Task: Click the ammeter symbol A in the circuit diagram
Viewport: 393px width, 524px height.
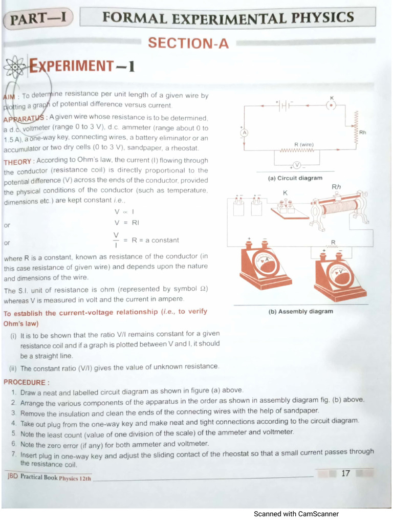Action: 245,133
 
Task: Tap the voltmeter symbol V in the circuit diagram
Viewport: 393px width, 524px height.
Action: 296,165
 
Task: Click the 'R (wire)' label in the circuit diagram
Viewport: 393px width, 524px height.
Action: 304,145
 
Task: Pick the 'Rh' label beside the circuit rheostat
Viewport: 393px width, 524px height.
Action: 362,133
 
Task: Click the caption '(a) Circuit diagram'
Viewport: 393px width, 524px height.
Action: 295,178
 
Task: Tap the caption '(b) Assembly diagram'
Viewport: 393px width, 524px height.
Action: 300,311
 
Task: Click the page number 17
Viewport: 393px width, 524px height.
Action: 345,473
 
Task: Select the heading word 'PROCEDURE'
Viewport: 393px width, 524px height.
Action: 25,382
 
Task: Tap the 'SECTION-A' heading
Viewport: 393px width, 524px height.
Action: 188,43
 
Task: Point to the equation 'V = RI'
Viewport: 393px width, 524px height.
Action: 126,223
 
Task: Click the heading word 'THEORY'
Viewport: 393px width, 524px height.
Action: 17,161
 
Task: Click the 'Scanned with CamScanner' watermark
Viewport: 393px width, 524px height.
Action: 296,514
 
